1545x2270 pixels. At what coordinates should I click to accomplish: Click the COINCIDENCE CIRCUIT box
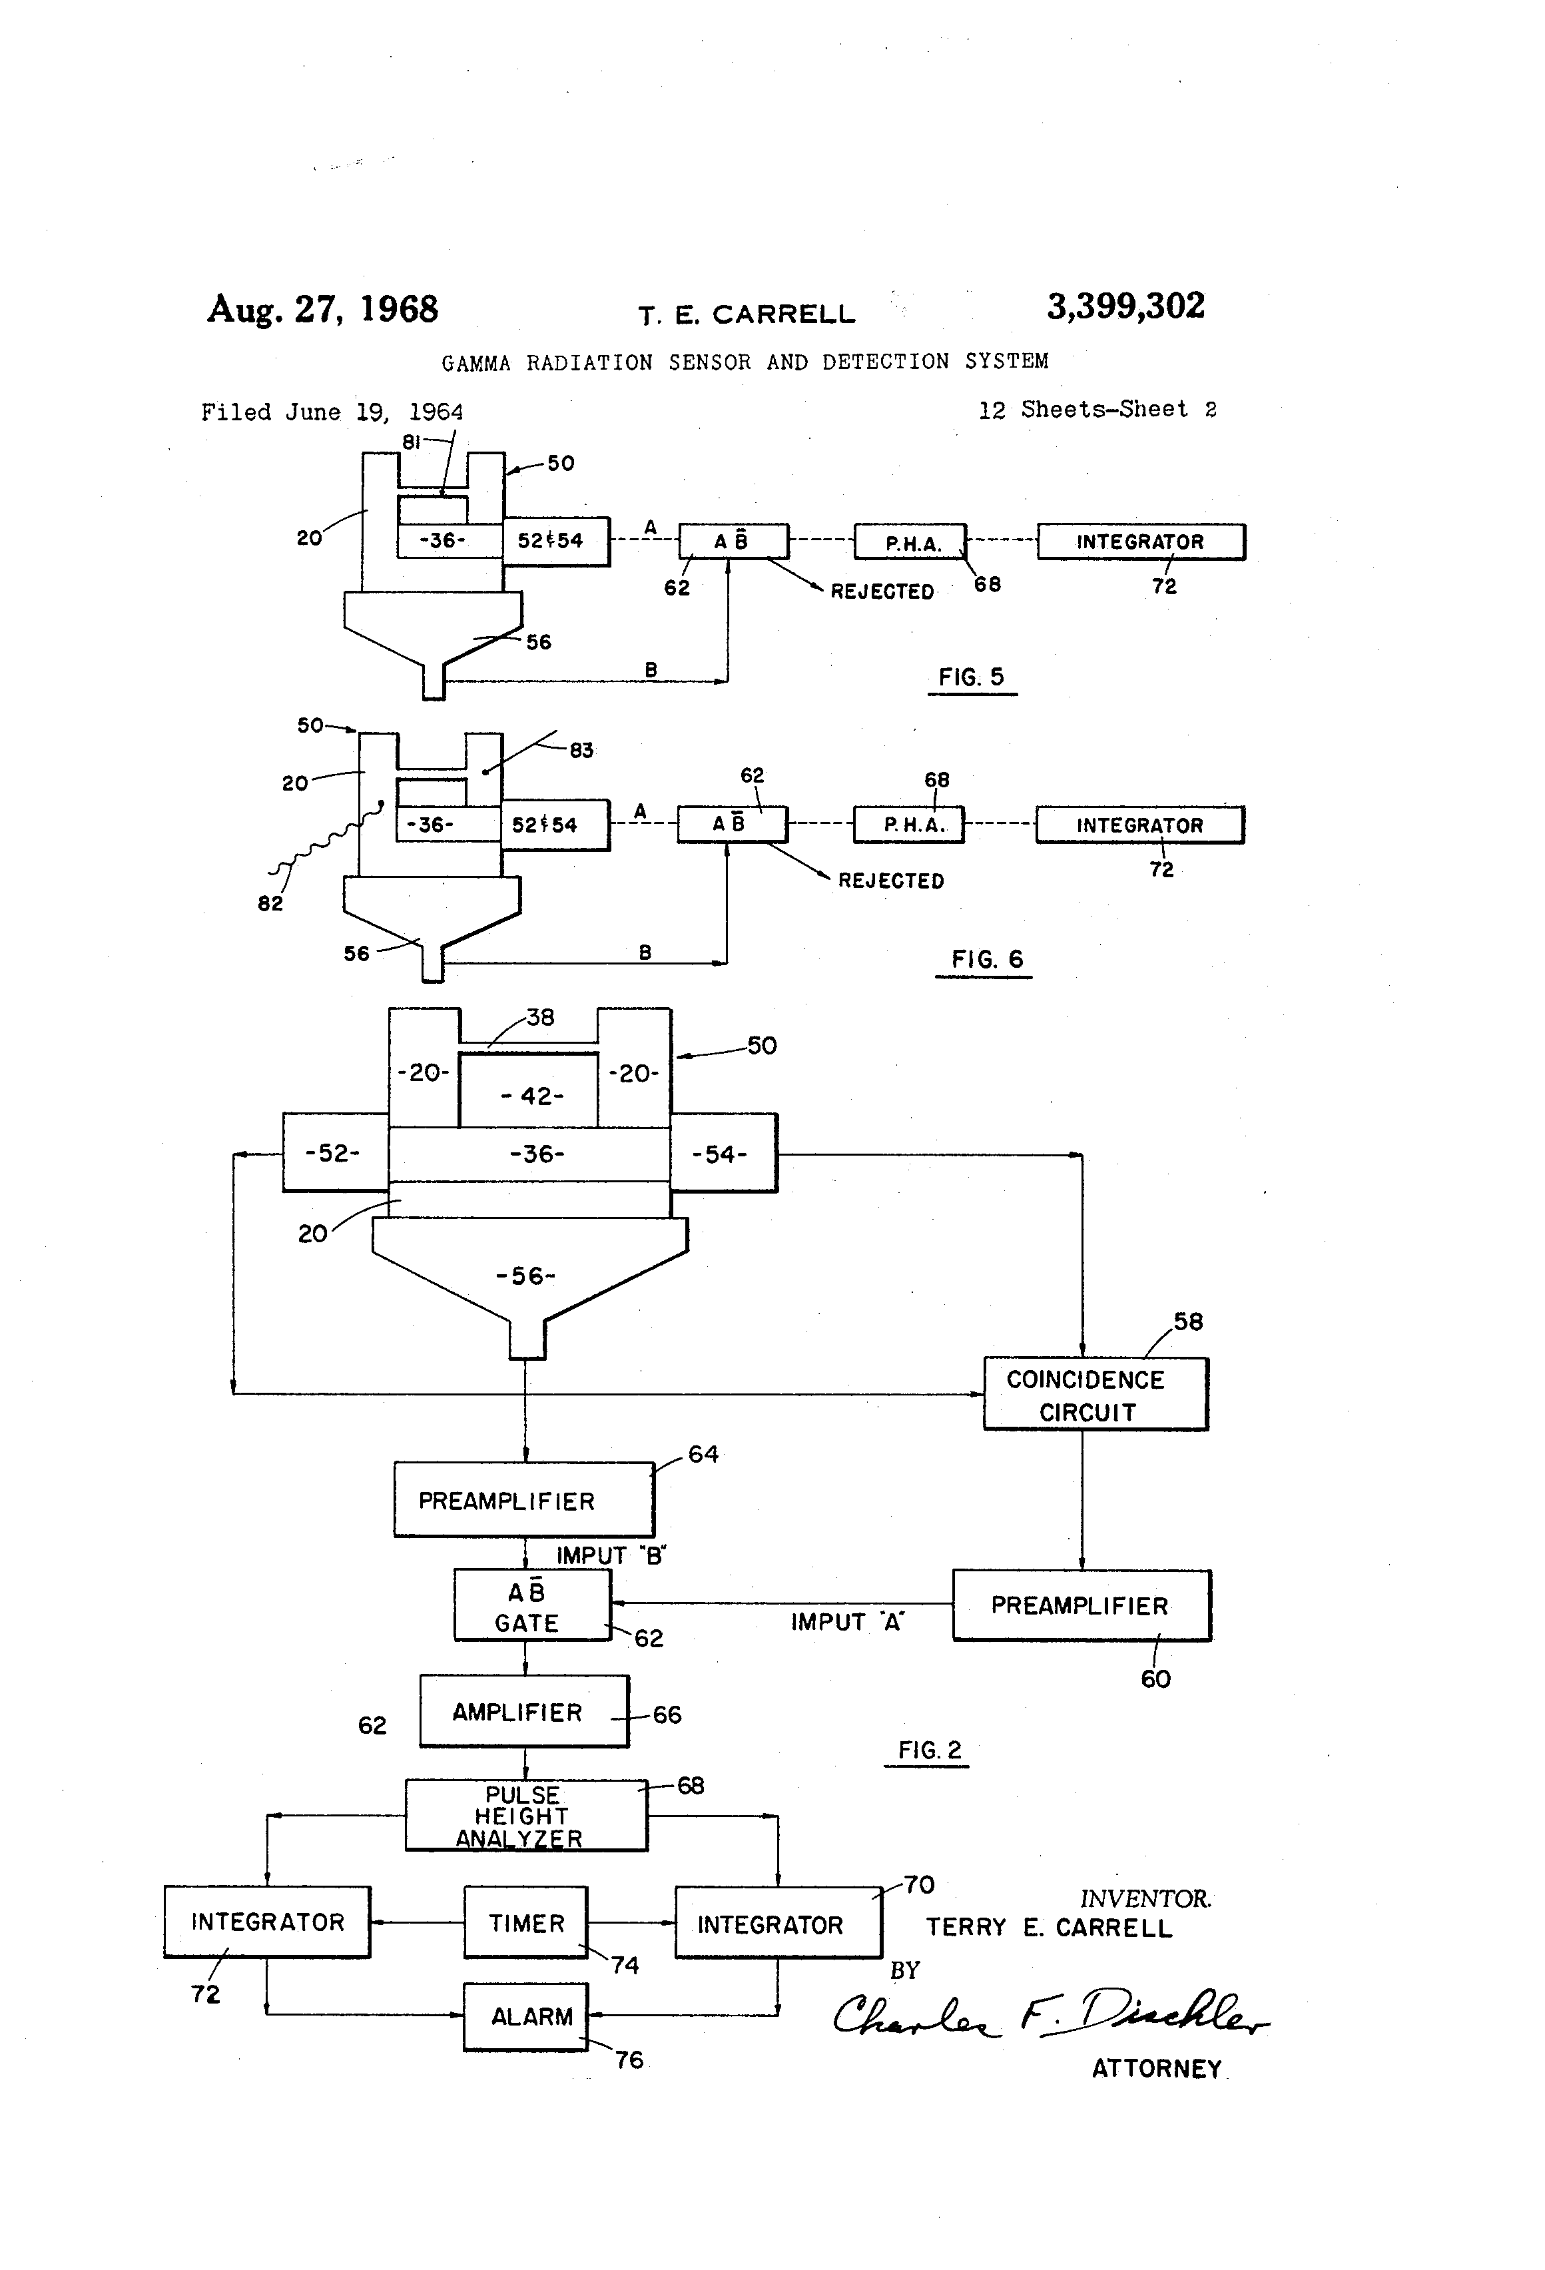[1095, 1395]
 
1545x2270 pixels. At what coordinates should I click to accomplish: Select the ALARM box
[525, 2017]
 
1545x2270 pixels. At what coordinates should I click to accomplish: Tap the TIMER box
[525, 1923]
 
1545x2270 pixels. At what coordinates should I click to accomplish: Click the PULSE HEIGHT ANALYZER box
[525, 1816]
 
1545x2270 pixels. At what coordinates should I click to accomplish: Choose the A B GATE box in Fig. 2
[531, 1607]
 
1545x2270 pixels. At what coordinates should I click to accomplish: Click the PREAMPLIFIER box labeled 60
[1081, 1606]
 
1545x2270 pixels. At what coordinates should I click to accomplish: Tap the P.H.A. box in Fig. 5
[910, 542]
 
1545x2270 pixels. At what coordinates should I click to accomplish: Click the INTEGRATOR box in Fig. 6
[1139, 825]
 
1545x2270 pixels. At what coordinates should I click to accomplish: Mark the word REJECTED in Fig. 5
[882, 592]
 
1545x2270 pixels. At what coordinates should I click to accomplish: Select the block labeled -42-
[528, 1092]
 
